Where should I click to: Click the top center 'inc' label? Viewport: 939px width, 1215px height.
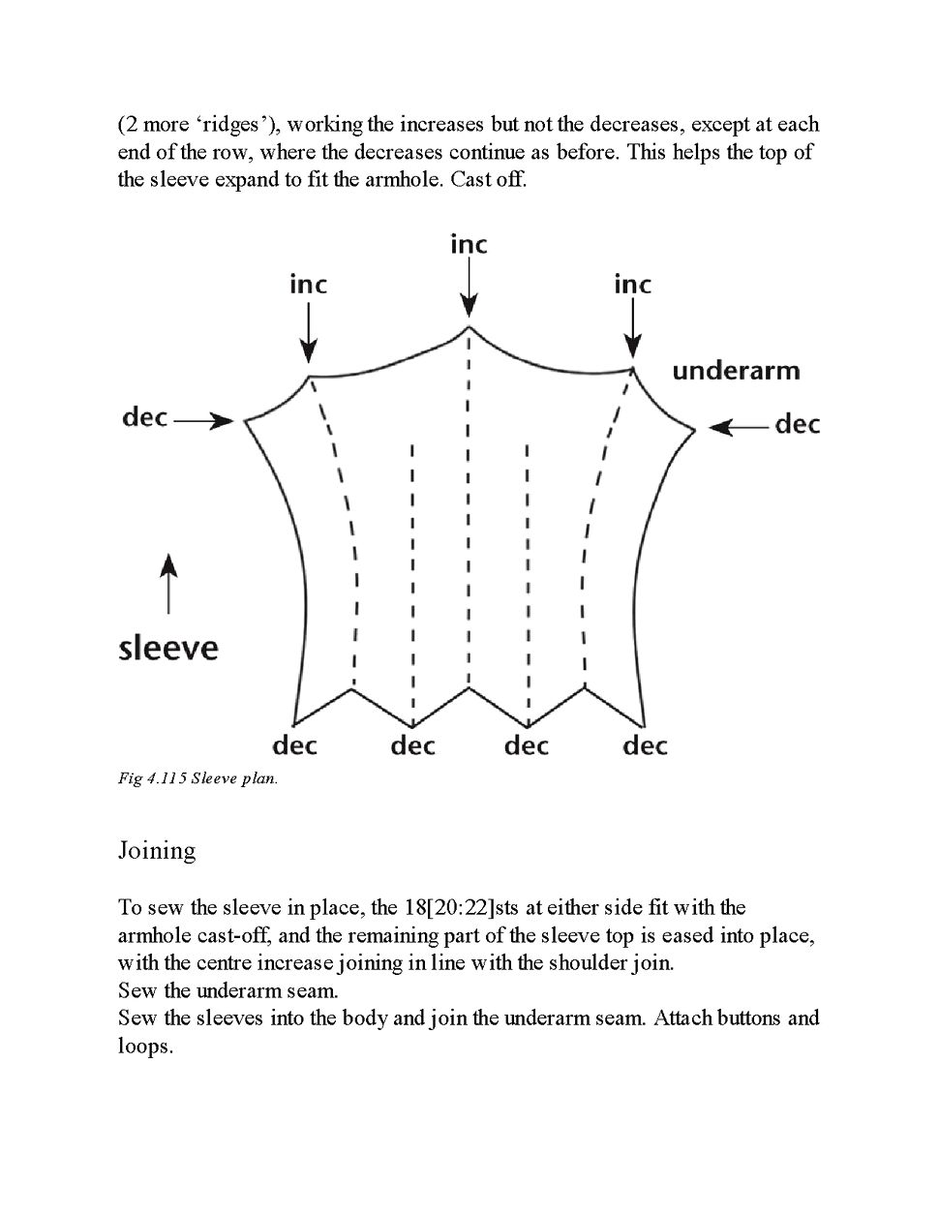469,245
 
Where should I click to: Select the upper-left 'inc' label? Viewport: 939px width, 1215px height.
308,285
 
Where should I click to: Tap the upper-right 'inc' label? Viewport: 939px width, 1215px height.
632,285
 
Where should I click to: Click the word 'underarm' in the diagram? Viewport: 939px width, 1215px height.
736,371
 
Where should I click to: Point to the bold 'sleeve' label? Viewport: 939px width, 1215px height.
168,648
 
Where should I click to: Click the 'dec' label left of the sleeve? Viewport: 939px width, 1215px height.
145,418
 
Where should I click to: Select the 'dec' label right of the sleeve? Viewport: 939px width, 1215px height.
798,424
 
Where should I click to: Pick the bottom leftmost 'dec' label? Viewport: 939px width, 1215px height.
294,745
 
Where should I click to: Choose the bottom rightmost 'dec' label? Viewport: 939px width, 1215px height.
645,745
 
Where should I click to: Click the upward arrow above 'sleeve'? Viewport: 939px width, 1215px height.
168,583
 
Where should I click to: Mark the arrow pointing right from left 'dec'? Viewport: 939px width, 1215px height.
204,421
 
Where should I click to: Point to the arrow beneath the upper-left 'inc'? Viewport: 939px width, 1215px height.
308,332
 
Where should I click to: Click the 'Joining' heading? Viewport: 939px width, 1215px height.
157,850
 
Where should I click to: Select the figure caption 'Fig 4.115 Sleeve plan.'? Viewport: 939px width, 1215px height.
197,778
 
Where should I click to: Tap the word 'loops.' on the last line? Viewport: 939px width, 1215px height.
145,1047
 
